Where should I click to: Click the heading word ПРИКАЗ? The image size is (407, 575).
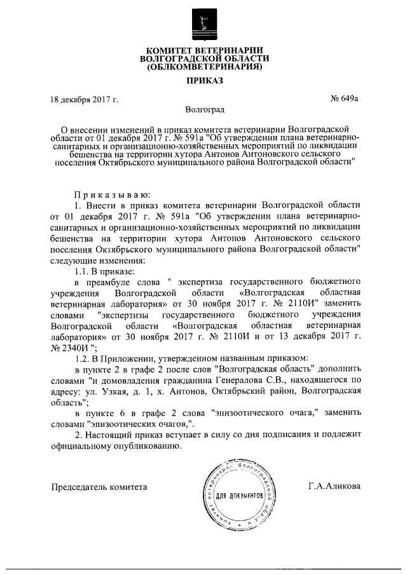204,82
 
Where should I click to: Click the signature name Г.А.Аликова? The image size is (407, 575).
333,486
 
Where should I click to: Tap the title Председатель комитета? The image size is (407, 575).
99,486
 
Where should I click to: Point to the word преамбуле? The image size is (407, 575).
106,281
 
